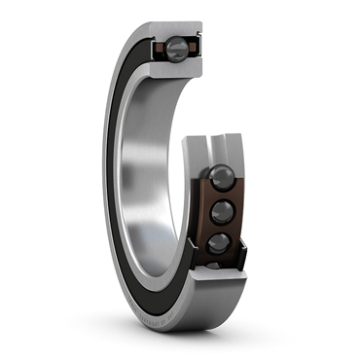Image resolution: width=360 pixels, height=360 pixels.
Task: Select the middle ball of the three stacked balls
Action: tap(220, 211)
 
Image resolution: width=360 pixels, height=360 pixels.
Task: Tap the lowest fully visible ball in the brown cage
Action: tap(219, 242)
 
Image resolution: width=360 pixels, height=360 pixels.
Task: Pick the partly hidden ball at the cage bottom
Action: tap(215, 264)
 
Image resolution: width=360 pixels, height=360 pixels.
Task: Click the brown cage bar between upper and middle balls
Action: tap(220, 195)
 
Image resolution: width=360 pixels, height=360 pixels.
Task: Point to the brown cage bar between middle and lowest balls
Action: tap(219, 228)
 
